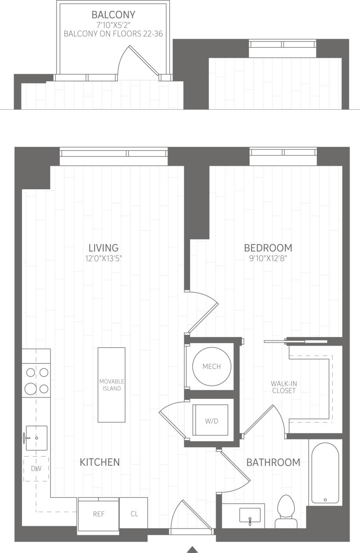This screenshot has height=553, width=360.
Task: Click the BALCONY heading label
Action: click(113, 15)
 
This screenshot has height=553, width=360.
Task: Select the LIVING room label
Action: click(104, 248)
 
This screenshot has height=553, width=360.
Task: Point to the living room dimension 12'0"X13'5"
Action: click(104, 259)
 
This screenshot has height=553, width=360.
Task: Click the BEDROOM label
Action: click(268, 248)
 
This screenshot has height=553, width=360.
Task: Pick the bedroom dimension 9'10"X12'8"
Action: click(268, 259)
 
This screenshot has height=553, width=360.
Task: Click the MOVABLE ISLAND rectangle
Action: click(112, 385)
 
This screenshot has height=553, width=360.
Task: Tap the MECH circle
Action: click(212, 366)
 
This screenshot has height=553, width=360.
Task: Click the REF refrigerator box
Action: click(98, 514)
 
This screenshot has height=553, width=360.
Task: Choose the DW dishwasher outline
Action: click(36, 468)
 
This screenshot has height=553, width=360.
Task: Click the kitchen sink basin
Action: click(37, 438)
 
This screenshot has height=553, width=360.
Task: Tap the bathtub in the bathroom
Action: click(325, 473)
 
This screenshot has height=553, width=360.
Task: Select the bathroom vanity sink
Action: click(250, 515)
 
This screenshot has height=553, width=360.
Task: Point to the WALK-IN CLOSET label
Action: click(284, 387)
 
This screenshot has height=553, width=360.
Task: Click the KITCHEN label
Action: click(100, 462)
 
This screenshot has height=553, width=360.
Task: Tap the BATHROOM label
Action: click(273, 462)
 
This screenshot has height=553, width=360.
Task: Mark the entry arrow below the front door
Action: click(192, 550)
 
